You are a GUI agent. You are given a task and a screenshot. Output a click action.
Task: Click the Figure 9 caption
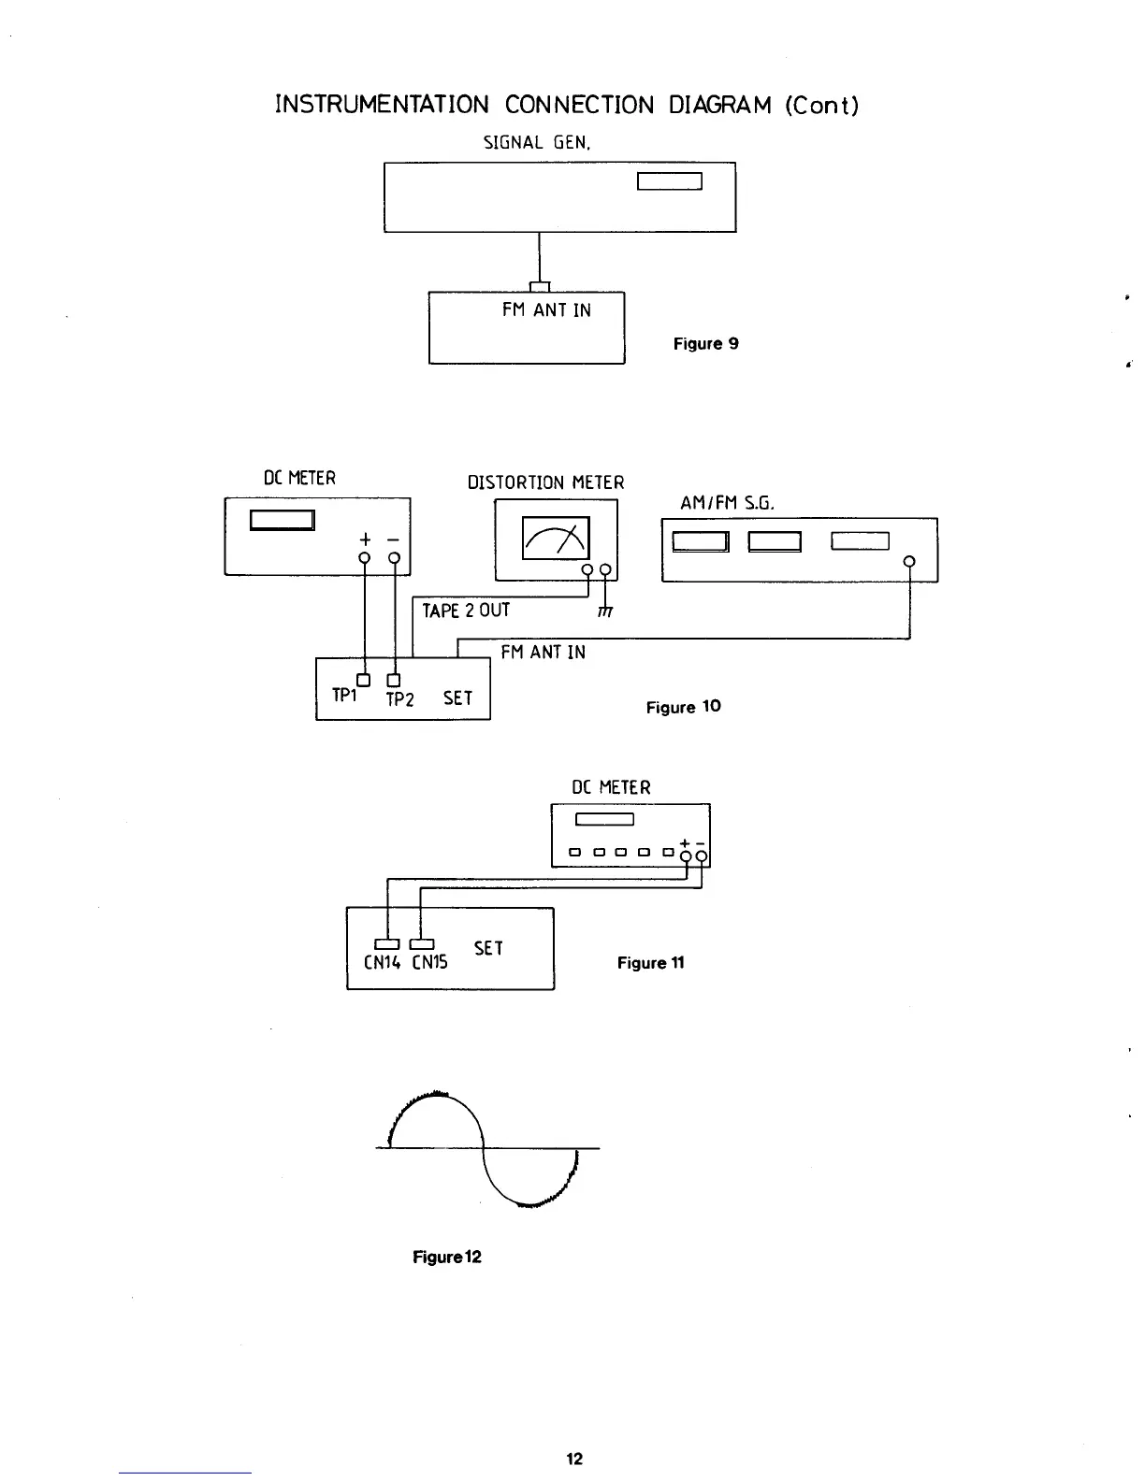(x=705, y=343)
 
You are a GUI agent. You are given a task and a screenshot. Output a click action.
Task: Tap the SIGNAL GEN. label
(x=538, y=143)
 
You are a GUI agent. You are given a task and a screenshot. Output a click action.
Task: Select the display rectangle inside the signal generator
(x=669, y=181)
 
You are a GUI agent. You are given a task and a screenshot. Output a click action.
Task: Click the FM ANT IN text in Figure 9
(x=546, y=310)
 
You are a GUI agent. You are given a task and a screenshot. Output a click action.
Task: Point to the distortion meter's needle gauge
(x=556, y=539)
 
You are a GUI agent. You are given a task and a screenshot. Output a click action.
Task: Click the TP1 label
(x=344, y=697)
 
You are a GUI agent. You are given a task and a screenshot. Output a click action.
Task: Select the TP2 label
(x=399, y=699)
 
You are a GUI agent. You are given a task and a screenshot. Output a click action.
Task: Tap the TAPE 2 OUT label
(x=466, y=611)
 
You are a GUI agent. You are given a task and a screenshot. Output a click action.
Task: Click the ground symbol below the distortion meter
(x=605, y=611)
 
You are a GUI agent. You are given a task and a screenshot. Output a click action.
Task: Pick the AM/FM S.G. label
(x=727, y=503)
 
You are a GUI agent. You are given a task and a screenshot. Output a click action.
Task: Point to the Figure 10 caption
(x=683, y=707)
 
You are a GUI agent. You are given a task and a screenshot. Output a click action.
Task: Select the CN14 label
(x=381, y=962)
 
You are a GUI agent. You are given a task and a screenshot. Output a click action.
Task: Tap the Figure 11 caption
(x=650, y=962)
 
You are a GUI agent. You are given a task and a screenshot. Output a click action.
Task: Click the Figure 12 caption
(x=446, y=1257)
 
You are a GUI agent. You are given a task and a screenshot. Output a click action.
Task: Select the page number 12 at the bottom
(x=574, y=1459)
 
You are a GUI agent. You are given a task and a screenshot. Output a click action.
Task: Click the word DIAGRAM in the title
(x=720, y=105)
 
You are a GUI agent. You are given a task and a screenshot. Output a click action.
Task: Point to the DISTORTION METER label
(x=545, y=482)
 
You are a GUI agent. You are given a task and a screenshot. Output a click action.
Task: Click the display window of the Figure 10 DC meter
(x=282, y=520)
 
